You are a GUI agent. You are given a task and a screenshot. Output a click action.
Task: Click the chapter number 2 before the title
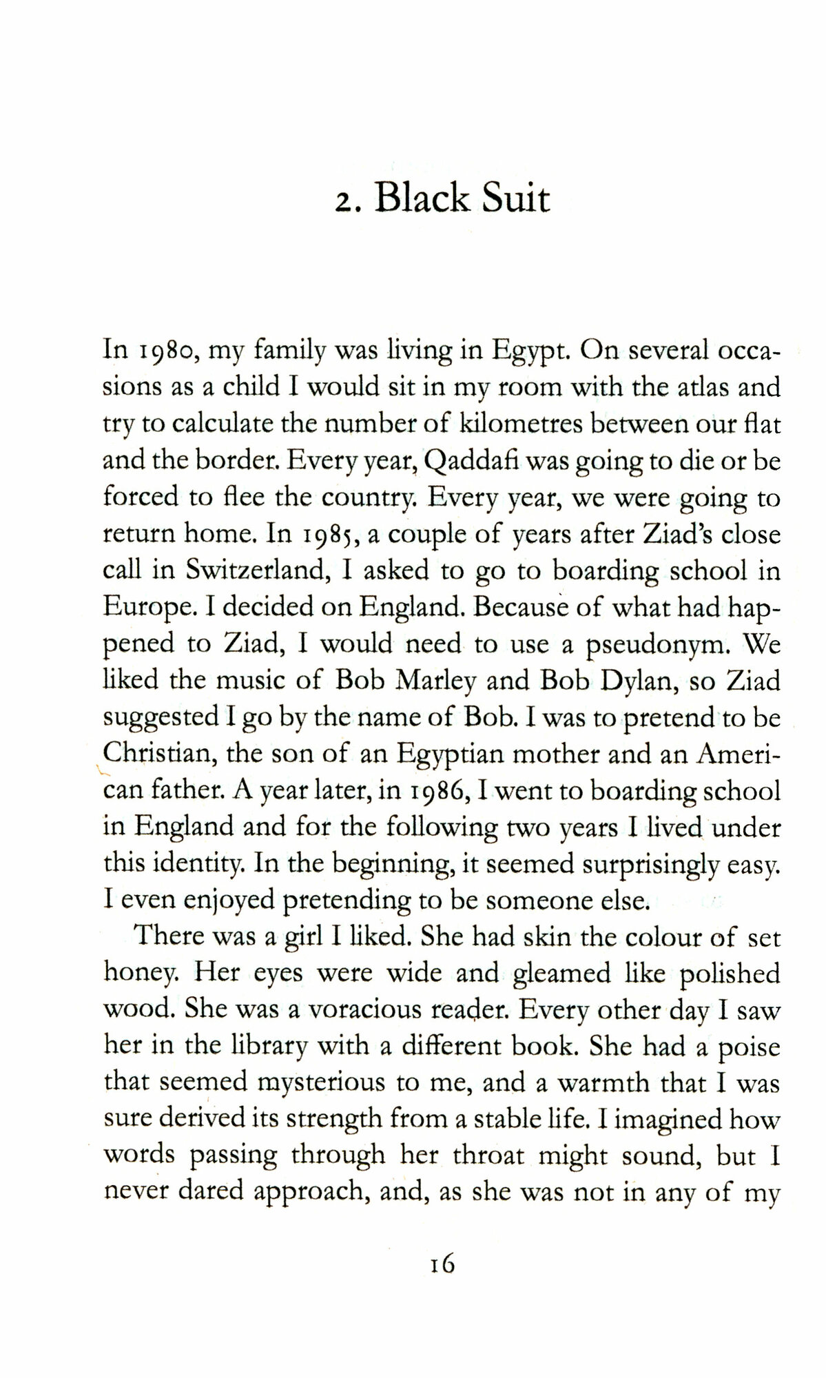pyautogui.click(x=342, y=203)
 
